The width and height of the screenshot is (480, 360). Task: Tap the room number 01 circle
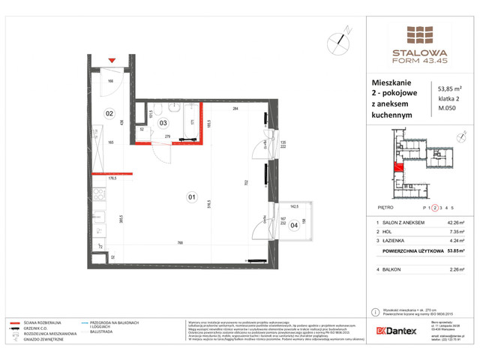point(191,198)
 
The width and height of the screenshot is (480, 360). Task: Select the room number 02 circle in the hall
point(109,115)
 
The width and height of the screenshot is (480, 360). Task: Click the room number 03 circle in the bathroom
point(163,123)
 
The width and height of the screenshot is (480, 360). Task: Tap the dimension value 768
point(181,242)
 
